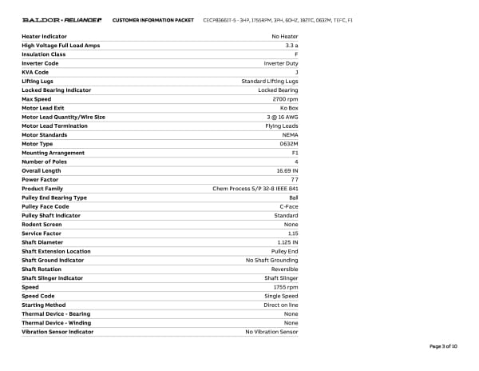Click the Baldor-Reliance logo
(62, 19)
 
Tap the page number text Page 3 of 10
(443, 346)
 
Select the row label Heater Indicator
(44, 37)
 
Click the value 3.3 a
(291, 46)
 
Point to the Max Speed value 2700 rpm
(285, 99)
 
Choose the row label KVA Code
(35, 72)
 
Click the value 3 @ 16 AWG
(281, 117)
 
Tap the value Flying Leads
(282, 126)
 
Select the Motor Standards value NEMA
(291, 134)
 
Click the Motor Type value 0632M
(289, 144)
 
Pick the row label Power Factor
(40, 179)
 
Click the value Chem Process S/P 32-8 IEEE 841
(255, 189)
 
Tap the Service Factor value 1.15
(293, 233)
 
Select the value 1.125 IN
(287, 242)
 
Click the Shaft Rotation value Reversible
(285, 269)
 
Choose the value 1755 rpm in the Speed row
(286, 287)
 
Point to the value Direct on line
(283, 305)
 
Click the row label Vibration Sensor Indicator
(57, 331)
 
